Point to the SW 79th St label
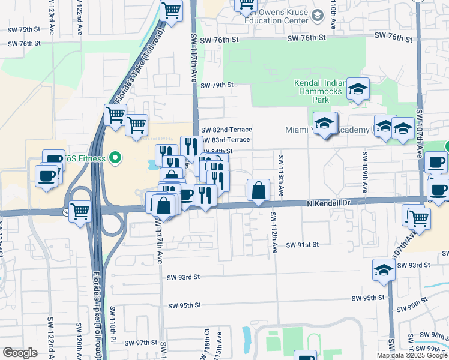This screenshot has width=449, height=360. pyautogui.click(x=217, y=85)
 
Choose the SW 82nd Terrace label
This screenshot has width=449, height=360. pyautogui.click(x=226, y=130)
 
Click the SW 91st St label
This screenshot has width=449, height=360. pyautogui.click(x=302, y=245)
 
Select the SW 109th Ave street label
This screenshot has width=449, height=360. pyautogui.click(x=364, y=172)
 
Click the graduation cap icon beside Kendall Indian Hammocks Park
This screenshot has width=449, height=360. pyautogui.click(x=358, y=89)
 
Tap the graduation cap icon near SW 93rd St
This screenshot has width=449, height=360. pyautogui.click(x=384, y=269)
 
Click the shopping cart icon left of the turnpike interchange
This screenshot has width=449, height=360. pyautogui.click(x=80, y=211)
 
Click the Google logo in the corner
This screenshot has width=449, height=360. pyautogui.click(x=20, y=353)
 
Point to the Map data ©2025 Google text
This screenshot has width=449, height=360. pyautogui.click(x=412, y=355)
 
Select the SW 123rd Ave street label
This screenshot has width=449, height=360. pyautogui.click(x=53, y=18)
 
